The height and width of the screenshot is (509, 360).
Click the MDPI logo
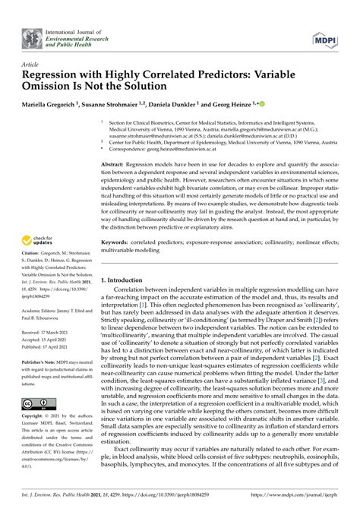pyautogui.click(x=324, y=38)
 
